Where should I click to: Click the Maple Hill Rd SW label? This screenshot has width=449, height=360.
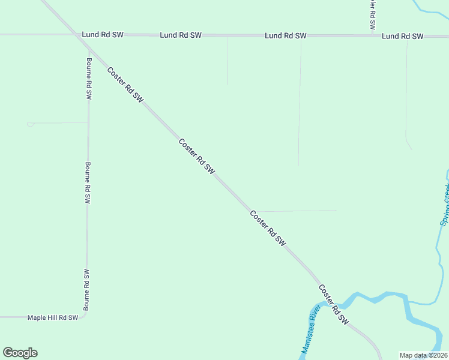click(x=53, y=317)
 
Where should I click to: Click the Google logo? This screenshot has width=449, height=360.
click(x=20, y=353)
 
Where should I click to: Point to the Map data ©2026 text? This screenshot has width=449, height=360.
click(x=423, y=355)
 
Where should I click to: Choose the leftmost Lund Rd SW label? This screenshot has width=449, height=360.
click(x=103, y=35)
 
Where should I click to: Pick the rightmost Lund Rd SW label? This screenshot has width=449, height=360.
click(x=403, y=36)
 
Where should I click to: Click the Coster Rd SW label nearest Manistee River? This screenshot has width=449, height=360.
click(x=333, y=304)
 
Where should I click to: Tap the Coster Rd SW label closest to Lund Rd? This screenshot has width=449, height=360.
click(x=126, y=85)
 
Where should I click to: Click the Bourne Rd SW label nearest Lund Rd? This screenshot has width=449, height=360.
click(x=89, y=79)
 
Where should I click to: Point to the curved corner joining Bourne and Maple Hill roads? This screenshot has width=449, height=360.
click(x=85, y=314)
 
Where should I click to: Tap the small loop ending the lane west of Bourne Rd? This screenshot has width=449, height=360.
click(x=30, y=124)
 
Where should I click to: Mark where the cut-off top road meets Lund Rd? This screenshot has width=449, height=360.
click(x=372, y=35)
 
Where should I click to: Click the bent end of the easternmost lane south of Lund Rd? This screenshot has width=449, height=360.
click(x=409, y=146)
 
